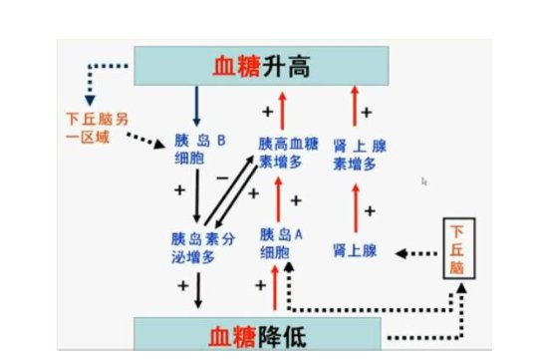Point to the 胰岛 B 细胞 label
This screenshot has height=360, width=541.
point(199,152)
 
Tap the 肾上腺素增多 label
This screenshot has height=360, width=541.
point(360,152)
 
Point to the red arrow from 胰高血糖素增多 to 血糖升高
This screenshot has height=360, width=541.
point(282,109)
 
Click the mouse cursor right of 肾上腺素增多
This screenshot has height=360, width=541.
point(424,181)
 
